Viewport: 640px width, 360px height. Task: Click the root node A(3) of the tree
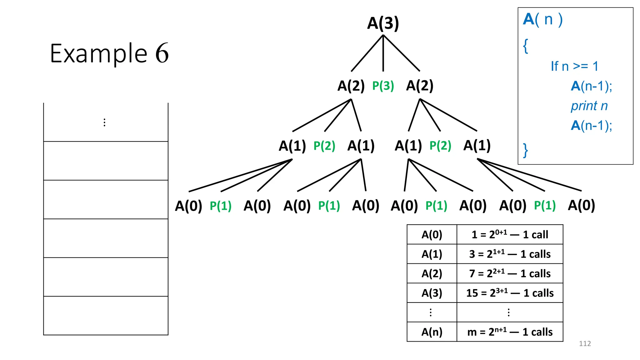point(383,23)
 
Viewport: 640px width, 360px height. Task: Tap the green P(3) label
point(383,86)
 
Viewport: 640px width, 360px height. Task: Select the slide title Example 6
point(109,53)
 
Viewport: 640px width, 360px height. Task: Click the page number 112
point(585,343)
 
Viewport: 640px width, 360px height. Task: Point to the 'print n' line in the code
point(589,106)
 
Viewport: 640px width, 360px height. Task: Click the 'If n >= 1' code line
point(574,66)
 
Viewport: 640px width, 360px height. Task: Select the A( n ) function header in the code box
point(543,19)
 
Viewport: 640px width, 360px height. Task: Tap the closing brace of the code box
point(526,150)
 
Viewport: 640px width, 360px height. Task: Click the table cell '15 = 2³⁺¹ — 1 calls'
point(510,293)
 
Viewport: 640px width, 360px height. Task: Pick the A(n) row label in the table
point(432,332)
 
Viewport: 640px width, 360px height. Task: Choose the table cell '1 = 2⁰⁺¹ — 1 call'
point(510,234)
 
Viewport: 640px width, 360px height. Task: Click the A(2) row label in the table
point(432,273)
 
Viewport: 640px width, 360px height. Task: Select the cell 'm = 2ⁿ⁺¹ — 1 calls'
point(510,332)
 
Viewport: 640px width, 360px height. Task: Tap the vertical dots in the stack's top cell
point(104,122)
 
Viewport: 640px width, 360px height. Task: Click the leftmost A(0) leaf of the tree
point(188,206)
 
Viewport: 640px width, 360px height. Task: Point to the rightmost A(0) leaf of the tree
point(581,205)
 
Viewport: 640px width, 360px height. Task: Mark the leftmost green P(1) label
point(221,206)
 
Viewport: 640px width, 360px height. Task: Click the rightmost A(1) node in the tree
point(477,146)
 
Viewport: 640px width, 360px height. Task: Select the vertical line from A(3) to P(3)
point(383,53)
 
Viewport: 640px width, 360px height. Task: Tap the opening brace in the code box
point(526,46)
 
